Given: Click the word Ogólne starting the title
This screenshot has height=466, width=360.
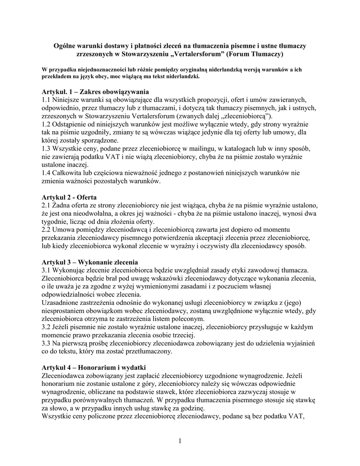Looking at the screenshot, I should coord(65,46).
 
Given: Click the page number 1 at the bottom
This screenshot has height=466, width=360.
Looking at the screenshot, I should coord(180,440).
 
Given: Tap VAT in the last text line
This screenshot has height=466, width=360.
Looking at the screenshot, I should coord(295,417).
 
